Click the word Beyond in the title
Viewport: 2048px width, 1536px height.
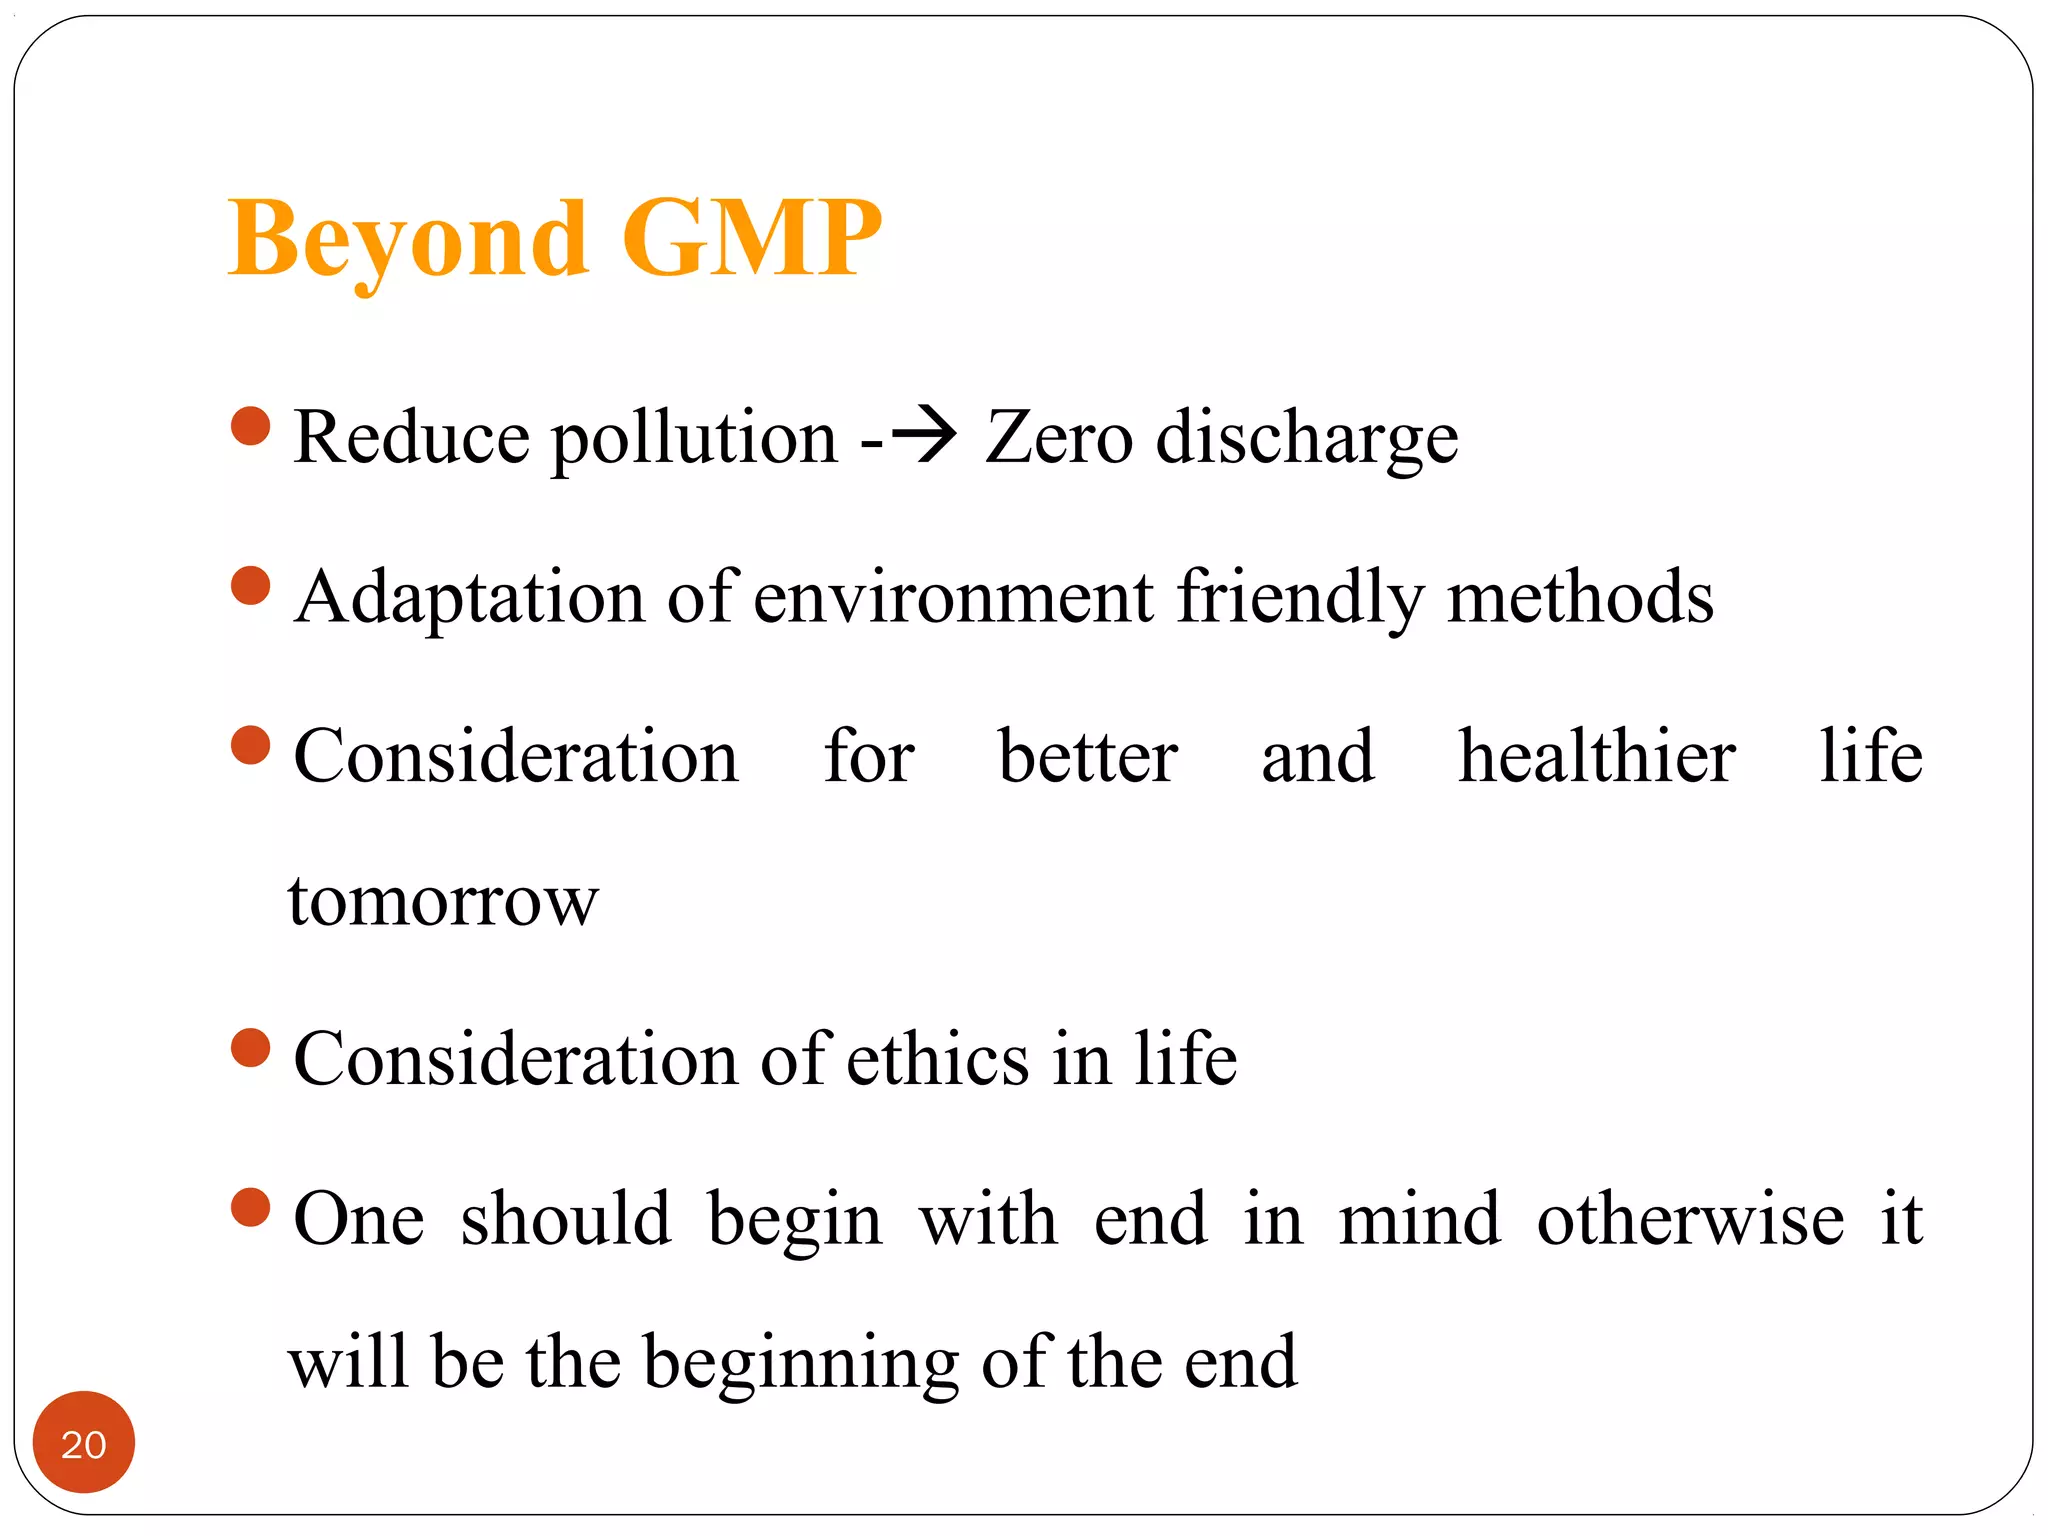pyautogui.click(x=408, y=240)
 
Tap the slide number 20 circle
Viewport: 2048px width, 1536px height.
pyautogui.click(x=84, y=1442)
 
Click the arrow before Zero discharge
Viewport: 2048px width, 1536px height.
pyautogui.click(x=922, y=436)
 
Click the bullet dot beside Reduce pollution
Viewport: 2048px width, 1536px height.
pyautogui.click(x=250, y=426)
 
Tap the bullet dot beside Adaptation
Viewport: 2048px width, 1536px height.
pyautogui.click(x=250, y=586)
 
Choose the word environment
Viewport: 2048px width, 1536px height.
pyautogui.click(x=954, y=597)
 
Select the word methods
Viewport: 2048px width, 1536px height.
pyautogui.click(x=1580, y=597)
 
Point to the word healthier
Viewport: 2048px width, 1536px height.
pyautogui.click(x=1596, y=756)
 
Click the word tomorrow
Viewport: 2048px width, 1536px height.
pyautogui.click(x=443, y=901)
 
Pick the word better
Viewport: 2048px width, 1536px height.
pyautogui.click(x=1088, y=756)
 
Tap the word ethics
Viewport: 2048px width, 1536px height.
pyautogui.click(x=937, y=1059)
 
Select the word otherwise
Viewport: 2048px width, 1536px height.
pyautogui.click(x=1690, y=1219)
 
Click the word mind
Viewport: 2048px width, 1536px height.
pyautogui.click(x=1419, y=1219)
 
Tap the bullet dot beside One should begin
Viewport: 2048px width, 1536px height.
pyautogui.click(x=250, y=1207)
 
